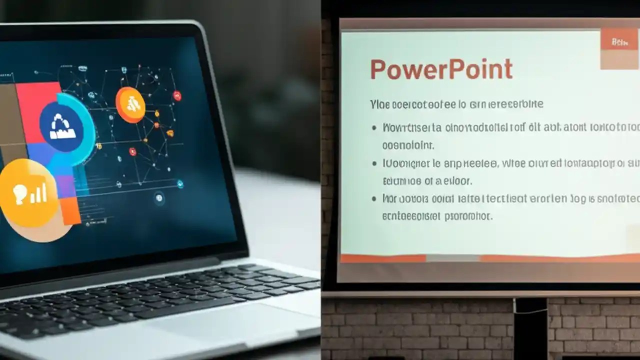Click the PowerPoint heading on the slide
[x=441, y=70]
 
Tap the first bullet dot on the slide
[x=374, y=128]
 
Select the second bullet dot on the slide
[x=374, y=163]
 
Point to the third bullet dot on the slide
[x=374, y=199]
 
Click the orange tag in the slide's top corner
[x=619, y=42]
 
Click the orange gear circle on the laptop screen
[x=130, y=104]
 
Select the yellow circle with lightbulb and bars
[x=28, y=193]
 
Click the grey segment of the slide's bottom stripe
[x=452, y=258]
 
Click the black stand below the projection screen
[x=530, y=327]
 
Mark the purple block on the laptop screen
[x=63, y=182]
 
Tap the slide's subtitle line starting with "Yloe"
[x=456, y=104]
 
